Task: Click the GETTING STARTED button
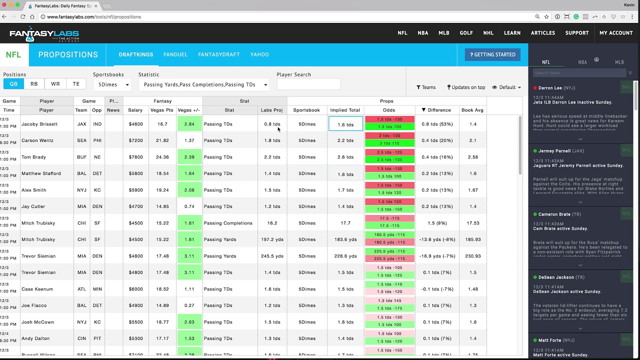point(492,54)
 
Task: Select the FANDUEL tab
point(175,54)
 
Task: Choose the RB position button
point(34,84)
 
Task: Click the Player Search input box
point(308,84)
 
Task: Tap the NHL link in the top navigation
point(488,33)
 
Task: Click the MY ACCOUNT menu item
point(616,33)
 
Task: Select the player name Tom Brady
point(34,157)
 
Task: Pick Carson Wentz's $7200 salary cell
point(135,140)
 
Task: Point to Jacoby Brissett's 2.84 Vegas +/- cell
point(189,124)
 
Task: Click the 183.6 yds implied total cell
point(345,239)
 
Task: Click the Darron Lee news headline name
point(550,88)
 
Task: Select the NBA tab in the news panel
point(582,62)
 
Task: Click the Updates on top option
point(466,87)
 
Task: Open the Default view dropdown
point(506,87)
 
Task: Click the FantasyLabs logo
point(44,34)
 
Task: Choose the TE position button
point(76,84)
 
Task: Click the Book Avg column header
point(472,110)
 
